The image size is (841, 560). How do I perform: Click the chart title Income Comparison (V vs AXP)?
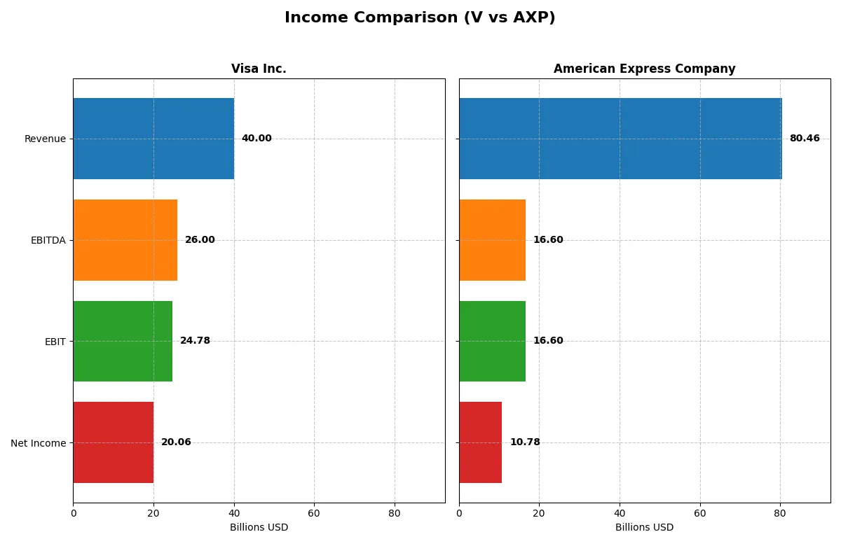coord(420,18)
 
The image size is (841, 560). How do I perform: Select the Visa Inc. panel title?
coord(259,69)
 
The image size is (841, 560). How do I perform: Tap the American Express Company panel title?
coord(644,69)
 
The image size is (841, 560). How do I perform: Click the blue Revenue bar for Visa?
coord(153,139)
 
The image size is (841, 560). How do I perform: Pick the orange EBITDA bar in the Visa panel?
coord(125,240)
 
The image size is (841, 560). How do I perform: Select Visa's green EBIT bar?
coord(123,341)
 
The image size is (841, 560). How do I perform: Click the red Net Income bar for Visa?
coord(114,442)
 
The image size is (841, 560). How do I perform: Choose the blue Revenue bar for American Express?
coord(620,139)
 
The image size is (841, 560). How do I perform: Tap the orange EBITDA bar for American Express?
coord(492,240)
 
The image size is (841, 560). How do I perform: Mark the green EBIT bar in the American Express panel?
coord(492,341)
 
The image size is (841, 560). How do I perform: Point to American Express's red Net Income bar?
coord(481,442)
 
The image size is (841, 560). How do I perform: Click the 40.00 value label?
coord(257,139)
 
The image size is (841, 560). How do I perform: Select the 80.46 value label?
coord(804,139)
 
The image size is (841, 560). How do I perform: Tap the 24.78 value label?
coord(195,341)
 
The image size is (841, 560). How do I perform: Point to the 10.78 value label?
coord(525,442)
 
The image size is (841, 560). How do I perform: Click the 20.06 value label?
coord(176,442)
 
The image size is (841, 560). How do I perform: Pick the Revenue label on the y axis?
coord(45,139)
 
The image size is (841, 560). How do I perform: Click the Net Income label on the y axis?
coord(39,442)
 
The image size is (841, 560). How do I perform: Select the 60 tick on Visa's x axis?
coord(314,513)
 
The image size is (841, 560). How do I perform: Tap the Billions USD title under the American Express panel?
coord(644,528)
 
